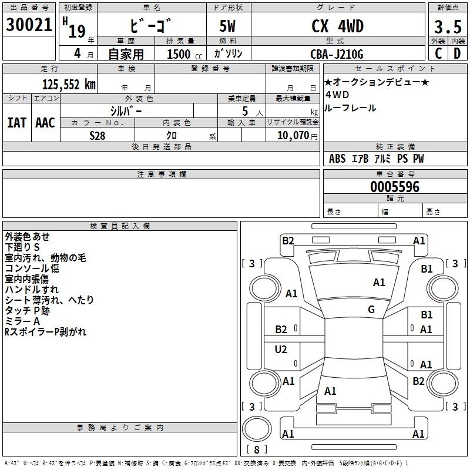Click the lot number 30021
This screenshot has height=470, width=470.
click(29, 25)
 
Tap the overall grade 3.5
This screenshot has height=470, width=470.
click(448, 26)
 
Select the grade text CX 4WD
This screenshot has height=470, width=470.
click(337, 26)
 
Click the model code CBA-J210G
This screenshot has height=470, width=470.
click(337, 54)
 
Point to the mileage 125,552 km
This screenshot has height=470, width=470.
click(69, 85)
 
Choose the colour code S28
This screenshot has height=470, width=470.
click(98, 136)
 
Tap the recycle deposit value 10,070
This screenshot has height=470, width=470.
click(293, 135)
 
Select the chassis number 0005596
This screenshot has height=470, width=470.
click(395, 187)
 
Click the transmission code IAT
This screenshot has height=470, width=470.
click(16, 123)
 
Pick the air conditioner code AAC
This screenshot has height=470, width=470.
click(45, 123)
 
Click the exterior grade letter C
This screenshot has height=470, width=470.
click(438, 53)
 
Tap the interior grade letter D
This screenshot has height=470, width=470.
click(457, 53)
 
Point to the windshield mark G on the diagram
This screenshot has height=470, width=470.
click(371, 309)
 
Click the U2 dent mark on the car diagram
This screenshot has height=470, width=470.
click(281, 349)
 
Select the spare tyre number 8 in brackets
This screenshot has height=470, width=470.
click(257, 449)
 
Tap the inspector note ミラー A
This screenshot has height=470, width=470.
click(22, 321)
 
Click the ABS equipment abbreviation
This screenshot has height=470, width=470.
click(337, 159)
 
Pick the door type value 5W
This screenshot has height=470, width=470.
click(227, 26)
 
